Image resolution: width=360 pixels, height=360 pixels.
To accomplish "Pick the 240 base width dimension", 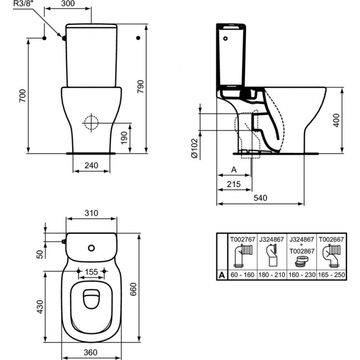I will click(x=91, y=165).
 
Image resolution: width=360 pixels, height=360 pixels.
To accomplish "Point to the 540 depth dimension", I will click(x=260, y=198).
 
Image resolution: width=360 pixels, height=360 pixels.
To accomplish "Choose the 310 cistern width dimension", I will click(x=91, y=213).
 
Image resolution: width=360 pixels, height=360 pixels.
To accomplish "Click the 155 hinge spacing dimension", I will click(x=91, y=272).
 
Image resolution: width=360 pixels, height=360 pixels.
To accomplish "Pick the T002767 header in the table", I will click(x=242, y=238).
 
